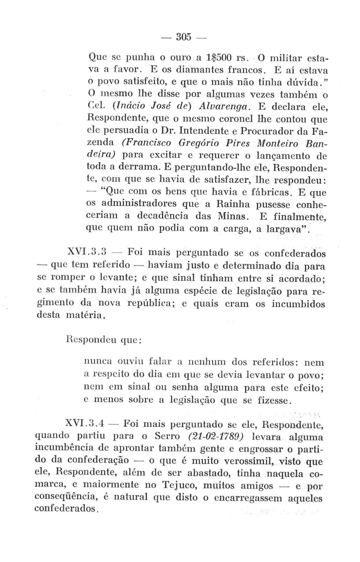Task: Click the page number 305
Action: click(x=184, y=37)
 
